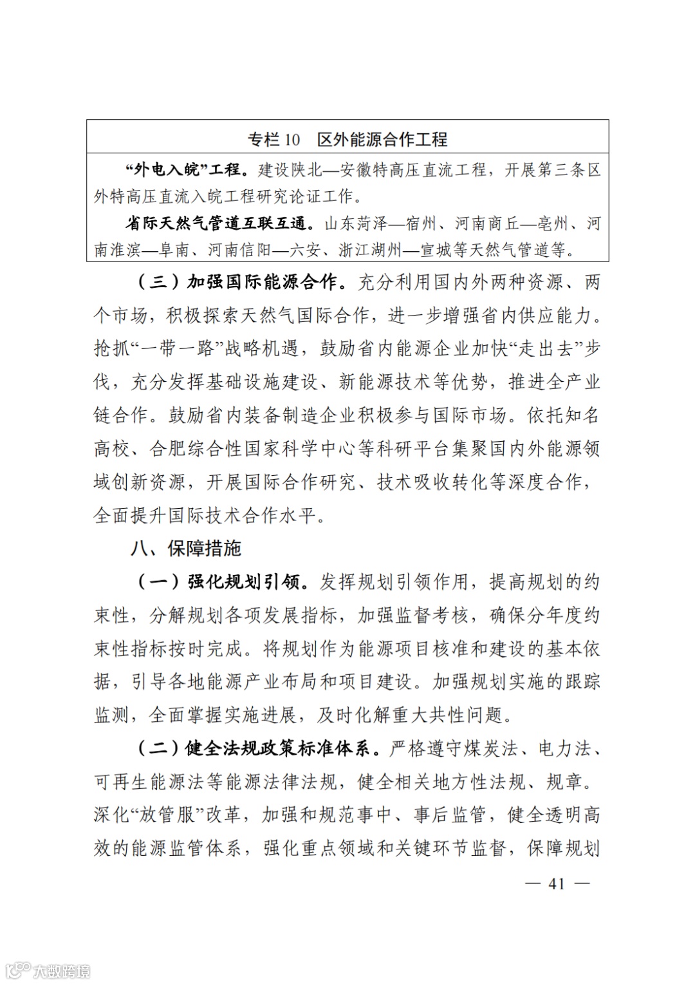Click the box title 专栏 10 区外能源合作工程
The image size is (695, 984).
point(347,139)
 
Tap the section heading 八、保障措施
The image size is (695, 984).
point(185,548)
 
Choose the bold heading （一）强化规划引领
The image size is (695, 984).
point(218,582)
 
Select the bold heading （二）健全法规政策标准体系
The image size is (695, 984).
point(254,748)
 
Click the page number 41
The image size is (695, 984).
point(557,884)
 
